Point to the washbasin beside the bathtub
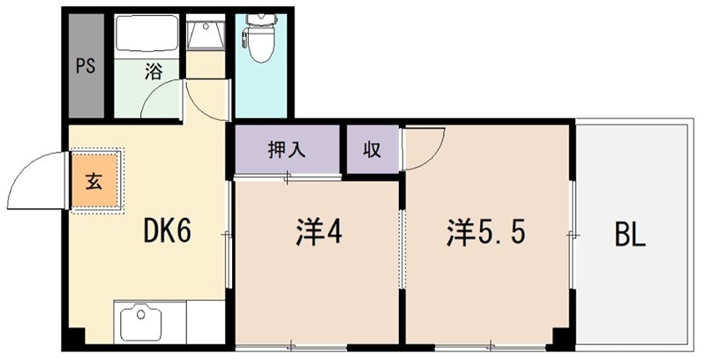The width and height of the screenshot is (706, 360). tap(207, 35)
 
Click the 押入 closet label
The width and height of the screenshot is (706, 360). tap(287, 149)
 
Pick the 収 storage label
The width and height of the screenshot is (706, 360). tap(371, 149)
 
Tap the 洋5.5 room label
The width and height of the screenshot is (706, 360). tap(487, 233)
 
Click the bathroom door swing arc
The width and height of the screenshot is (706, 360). tap(163, 101)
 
